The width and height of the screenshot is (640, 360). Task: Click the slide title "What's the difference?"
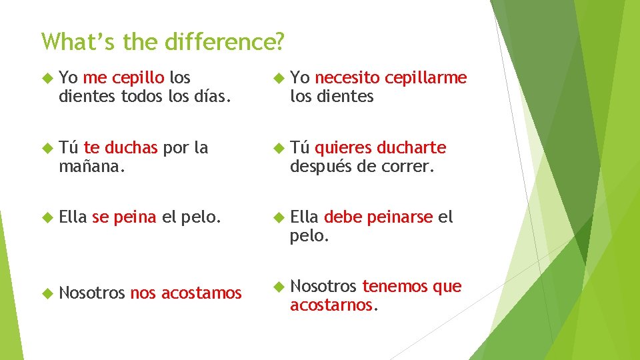163,41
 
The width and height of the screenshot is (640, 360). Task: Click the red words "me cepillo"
123,78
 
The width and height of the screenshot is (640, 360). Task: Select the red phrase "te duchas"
121,147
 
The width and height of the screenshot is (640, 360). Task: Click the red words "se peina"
124,217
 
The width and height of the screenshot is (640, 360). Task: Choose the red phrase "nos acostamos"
186,293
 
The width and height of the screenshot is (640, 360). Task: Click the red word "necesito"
347,78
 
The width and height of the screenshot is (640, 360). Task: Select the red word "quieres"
343,147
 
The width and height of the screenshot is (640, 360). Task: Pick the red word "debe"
341,217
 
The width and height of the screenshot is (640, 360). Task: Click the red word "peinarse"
400,217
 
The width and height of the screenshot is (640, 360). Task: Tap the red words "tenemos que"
411,287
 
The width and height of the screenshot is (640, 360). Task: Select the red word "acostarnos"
332,305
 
